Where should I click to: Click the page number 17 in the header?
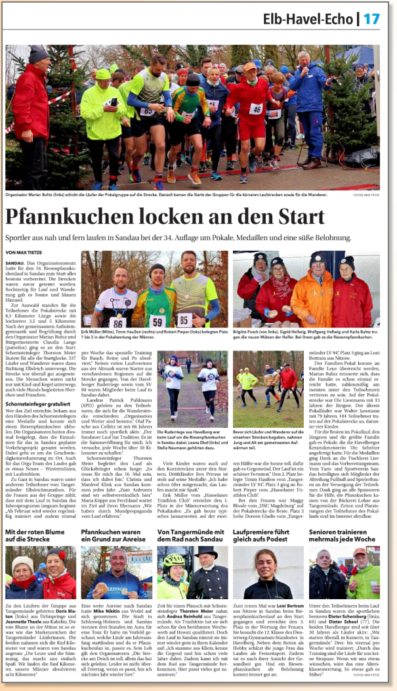coord(371,19)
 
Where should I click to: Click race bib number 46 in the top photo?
coord(256,109)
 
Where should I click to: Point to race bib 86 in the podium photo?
coord(117,322)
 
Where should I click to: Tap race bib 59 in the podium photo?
coord(156,320)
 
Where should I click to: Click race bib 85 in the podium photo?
coord(185,320)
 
